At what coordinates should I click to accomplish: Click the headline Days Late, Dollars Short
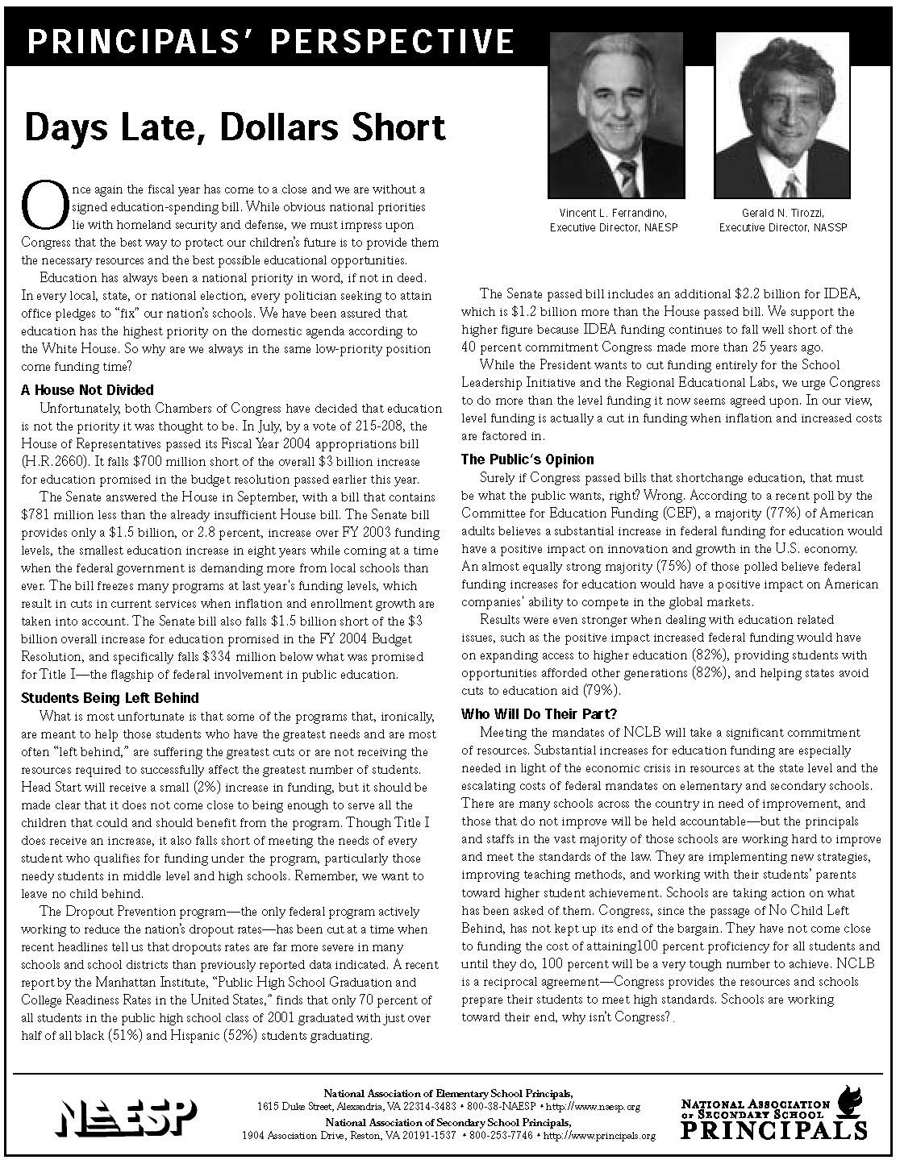pos(235,128)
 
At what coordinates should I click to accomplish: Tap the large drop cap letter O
pos(40,206)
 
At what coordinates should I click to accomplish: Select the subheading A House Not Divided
pos(87,390)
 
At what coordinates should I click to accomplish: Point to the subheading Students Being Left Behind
pos(110,697)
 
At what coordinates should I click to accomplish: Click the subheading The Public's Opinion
pos(527,459)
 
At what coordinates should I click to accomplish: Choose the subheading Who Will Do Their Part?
pos(540,714)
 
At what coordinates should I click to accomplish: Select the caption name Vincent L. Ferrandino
pos(613,213)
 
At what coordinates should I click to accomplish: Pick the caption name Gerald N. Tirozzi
pos(783,213)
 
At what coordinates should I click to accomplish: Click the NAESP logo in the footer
pos(127,1116)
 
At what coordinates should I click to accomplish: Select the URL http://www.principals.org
pos(600,1136)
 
